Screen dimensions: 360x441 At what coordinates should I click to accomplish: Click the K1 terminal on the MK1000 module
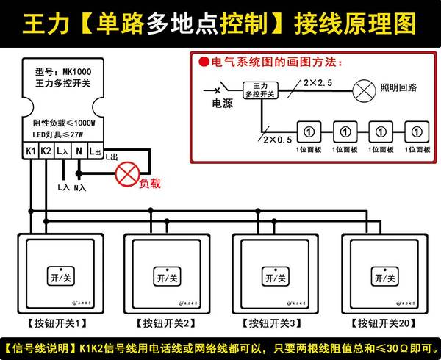pyautogui.click(x=30, y=151)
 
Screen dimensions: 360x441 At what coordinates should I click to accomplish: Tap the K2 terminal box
pyautogui.click(x=46, y=151)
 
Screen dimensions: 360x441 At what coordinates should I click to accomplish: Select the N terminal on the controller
pyautogui.click(x=79, y=151)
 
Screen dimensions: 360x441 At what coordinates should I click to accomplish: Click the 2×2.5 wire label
pyautogui.click(x=317, y=83)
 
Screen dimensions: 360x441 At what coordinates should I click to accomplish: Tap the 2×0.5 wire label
pyautogui.click(x=276, y=137)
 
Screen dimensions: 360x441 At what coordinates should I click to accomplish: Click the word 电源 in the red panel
pyautogui.click(x=222, y=104)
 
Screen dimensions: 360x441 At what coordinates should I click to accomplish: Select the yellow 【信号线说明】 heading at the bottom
pyautogui.click(x=41, y=347)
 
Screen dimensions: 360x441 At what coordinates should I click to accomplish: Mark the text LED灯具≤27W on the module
pyautogui.click(x=58, y=134)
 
